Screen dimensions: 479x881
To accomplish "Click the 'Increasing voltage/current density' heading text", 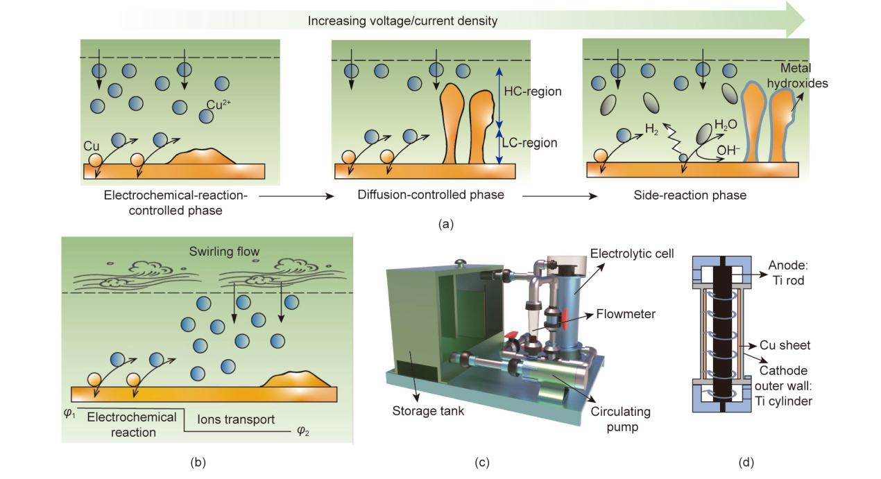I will pos(403,21).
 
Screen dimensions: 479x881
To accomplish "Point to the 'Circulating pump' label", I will pos(620,419).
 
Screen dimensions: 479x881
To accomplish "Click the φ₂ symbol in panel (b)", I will pos(302,430).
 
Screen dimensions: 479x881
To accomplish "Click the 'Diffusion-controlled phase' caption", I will pos(431,195).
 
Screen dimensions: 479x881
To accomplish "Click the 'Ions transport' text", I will pos(236,419).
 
